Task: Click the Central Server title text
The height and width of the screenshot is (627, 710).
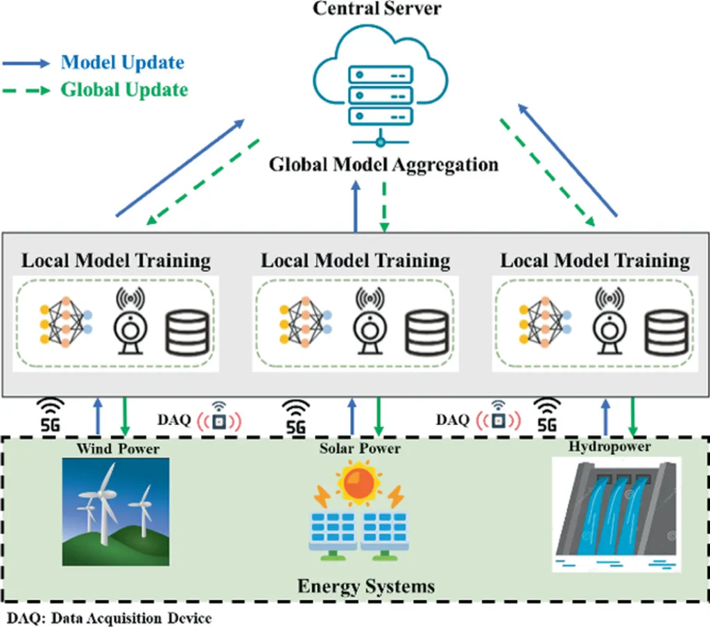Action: tap(367, 9)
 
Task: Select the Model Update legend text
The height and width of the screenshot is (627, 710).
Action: tap(123, 62)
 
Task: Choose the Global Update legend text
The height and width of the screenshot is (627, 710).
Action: tap(124, 89)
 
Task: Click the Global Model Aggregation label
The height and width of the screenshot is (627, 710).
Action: tap(383, 165)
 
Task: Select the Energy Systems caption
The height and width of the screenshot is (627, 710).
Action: tap(366, 586)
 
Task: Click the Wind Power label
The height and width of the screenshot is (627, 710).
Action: tap(118, 449)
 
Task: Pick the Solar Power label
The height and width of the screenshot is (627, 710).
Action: tap(360, 449)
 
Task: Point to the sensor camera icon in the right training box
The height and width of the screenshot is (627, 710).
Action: tap(611, 321)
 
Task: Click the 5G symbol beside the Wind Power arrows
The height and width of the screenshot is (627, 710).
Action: tap(51, 415)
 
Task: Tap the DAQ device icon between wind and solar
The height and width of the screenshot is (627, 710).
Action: tap(219, 418)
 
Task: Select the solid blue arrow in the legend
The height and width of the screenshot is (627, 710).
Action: tap(26, 63)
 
